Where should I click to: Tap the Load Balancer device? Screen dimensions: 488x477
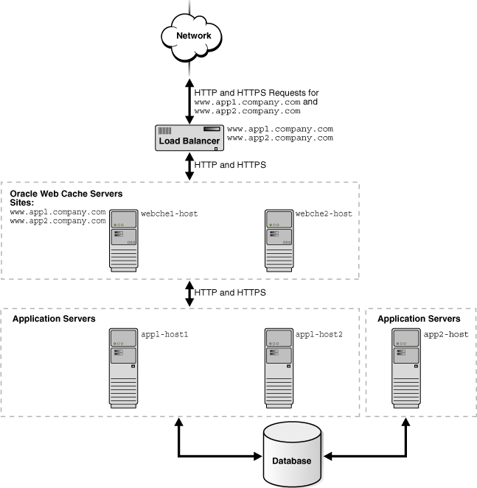point(189,137)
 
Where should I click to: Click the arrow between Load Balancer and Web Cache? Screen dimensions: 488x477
point(189,166)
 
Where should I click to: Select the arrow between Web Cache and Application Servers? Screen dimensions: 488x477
point(189,292)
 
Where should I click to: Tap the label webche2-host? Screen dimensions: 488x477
point(324,214)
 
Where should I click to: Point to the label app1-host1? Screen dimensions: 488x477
point(165,335)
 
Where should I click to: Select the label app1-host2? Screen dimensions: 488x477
point(319,335)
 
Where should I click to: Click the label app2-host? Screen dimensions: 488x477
point(445,335)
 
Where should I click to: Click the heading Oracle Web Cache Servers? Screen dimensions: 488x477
point(66,194)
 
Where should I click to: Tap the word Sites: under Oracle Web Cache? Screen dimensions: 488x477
point(22,202)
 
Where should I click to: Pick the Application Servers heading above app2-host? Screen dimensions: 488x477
point(419,319)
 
